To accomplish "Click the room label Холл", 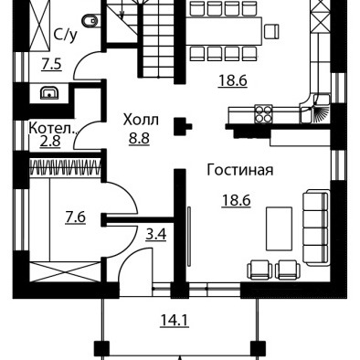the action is (x=141, y=120).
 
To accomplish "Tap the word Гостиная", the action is (x=240, y=170).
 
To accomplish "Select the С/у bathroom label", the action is (x=66, y=35).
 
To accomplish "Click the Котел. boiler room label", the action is (x=52, y=128).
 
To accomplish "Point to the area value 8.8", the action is (x=139, y=138).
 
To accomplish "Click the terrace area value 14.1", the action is (x=175, y=320).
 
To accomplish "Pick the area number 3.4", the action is (x=156, y=234).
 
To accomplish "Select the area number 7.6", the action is (x=76, y=217).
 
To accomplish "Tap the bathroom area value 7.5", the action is (x=52, y=64).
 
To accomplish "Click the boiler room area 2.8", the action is (x=50, y=142).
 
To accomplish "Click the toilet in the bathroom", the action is (x=90, y=21).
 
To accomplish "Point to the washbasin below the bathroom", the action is (x=49, y=93).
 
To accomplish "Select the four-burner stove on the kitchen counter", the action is (x=263, y=114).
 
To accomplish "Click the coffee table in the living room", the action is (x=280, y=228).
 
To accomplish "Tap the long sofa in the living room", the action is (x=316, y=228).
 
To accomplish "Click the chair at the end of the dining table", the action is (x=271, y=32).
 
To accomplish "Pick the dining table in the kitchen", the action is (x=224, y=31).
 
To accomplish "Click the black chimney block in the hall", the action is (x=182, y=126).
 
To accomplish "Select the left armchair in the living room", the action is (x=259, y=270).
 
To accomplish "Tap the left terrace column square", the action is (x=101, y=349).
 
